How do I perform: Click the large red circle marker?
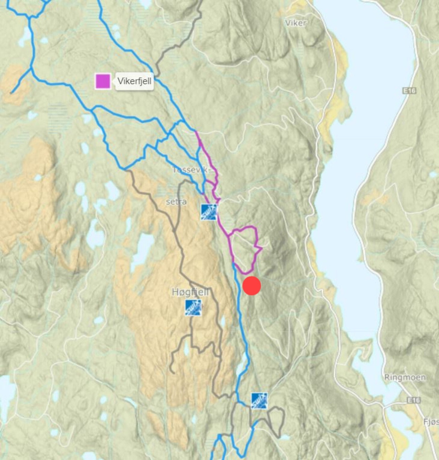tap(252, 286)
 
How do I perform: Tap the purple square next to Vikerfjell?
tap(103, 81)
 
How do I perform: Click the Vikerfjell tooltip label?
tap(134, 81)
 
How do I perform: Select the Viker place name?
tap(296, 23)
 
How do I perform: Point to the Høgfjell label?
tap(190, 292)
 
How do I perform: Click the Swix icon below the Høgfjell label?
tap(193, 308)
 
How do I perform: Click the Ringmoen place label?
tap(405, 377)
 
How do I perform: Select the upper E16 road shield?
tap(409, 91)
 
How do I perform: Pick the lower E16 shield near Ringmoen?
tap(413, 400)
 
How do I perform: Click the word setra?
tap(176, 202)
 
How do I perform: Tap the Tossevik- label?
tap(191, 170)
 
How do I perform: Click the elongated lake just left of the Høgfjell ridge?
tap(143, 248)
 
